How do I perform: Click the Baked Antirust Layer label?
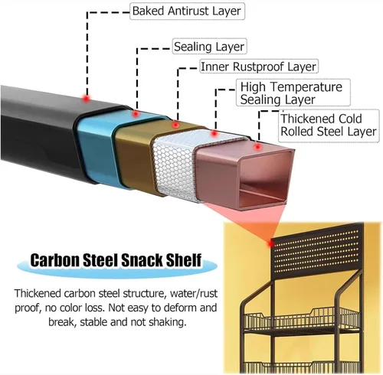tap(187, 11)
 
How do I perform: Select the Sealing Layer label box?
tap(209, 46)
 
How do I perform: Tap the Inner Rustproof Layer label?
tap(258, 67)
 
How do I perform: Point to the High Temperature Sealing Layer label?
tap(293, 93)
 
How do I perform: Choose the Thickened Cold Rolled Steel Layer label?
tap(329, 126)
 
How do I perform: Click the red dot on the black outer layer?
tap(87, 98)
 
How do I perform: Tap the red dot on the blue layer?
tap(136, 113)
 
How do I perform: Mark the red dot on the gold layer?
tap(175, 125)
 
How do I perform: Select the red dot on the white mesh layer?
tap(214, 133)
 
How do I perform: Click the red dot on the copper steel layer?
tap(258, 147)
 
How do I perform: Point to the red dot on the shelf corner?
tap(270, 244)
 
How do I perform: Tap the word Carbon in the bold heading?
tap(54, 260)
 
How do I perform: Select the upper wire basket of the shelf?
tap(301, 320)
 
